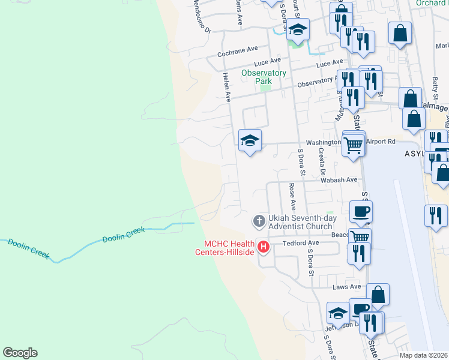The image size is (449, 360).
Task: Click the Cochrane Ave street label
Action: (237, 53)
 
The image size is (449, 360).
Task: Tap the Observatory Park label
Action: (264, 77)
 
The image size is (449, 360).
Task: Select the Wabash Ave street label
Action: (339, 179)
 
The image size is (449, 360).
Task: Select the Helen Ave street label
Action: (227, 88)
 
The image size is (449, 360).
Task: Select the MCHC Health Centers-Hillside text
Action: (230, 247)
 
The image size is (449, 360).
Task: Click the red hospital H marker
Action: (263, 246)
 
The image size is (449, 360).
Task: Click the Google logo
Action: (20, 353)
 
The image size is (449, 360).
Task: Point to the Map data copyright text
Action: (424, 355)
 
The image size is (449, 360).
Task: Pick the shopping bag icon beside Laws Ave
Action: (378, 295)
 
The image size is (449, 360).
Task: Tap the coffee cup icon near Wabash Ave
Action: (361, 211)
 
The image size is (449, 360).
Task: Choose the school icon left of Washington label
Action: (250, 141)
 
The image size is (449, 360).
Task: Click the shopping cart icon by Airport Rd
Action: (353, 143)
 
